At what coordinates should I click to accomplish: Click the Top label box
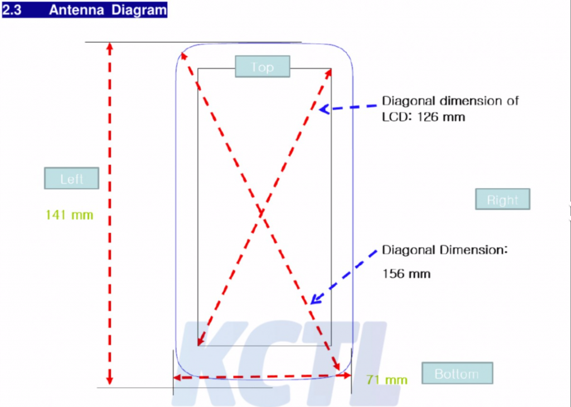(263, 67)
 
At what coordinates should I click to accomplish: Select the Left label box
(71, 178)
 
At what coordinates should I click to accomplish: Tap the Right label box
(502, 199)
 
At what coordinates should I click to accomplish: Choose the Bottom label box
(457, 373)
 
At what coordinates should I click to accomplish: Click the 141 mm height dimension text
(70, 215)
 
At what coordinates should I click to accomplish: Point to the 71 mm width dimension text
(387, 380)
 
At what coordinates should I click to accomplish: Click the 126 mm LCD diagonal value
(441, 117)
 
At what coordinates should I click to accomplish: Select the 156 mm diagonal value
(407, 273)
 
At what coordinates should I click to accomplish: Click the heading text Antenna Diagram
(108, 10)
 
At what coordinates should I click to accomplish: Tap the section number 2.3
(12, 10)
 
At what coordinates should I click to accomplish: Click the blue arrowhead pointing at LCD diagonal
(325, 109)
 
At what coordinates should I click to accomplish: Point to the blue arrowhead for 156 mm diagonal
(316, 299)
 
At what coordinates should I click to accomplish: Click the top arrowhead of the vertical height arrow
(110, 47)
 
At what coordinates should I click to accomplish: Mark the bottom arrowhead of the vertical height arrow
(110, 380)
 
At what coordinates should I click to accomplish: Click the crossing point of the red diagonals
(262, 213)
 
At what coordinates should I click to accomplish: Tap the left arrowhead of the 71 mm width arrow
(177, 378)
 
